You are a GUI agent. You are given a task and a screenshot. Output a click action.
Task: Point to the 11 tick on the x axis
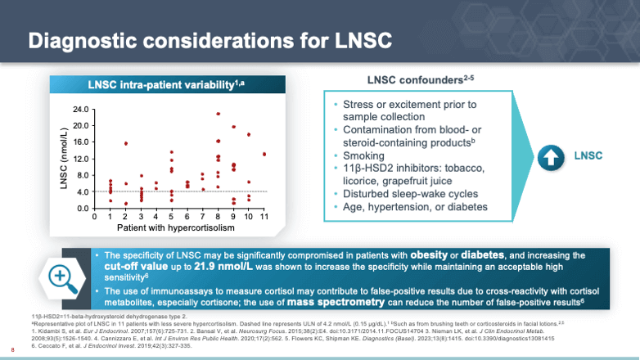click(264, 216)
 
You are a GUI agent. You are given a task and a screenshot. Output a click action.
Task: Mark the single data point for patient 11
click(264, 154)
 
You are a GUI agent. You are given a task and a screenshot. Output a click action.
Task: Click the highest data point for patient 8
click(219, 114)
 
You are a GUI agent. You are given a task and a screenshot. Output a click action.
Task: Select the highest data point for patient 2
click(125, 143)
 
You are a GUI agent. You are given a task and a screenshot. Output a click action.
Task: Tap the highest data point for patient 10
click(249, 134)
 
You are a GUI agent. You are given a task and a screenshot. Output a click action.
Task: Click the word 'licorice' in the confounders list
click(362, 182)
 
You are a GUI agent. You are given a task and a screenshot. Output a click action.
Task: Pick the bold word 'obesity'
click(441, 256)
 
